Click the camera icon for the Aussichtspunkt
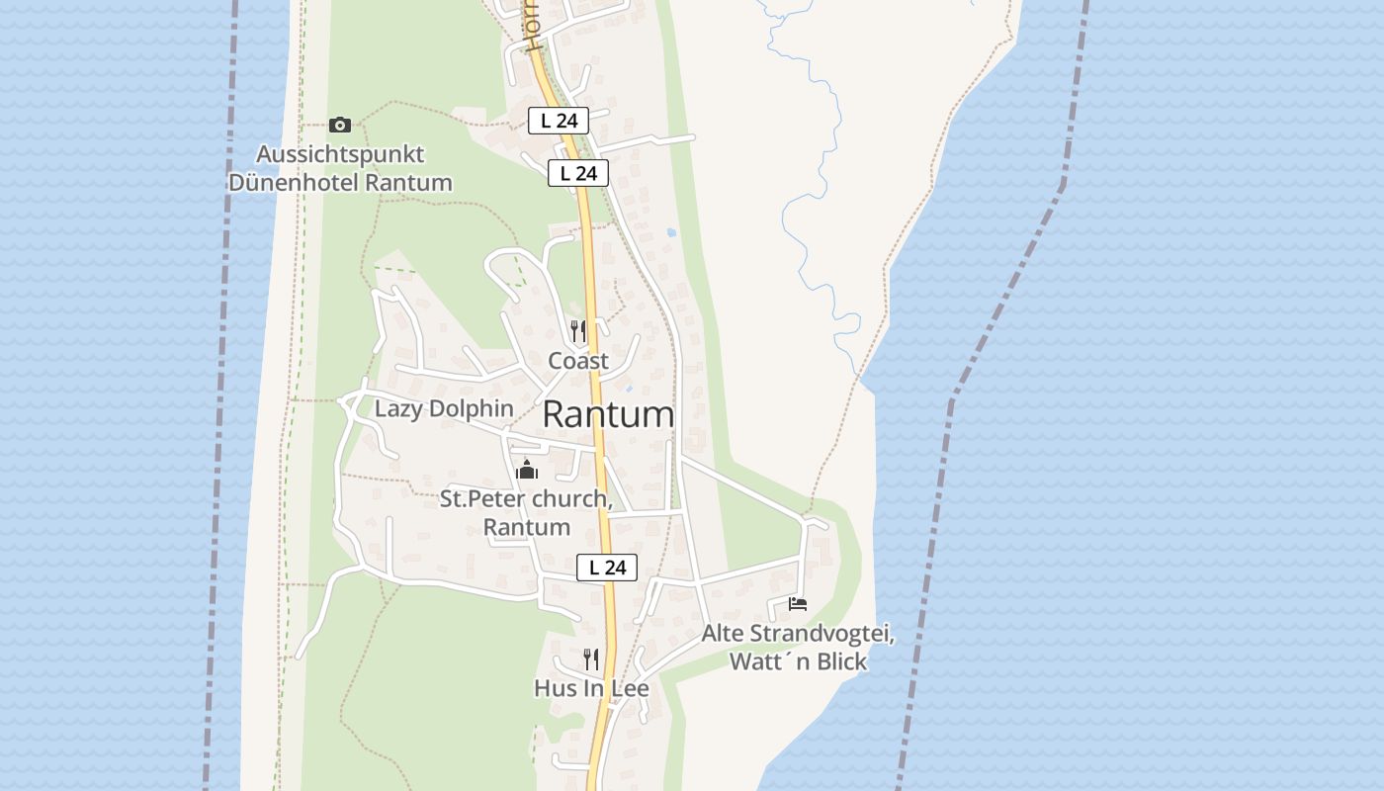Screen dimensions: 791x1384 coord(340,125)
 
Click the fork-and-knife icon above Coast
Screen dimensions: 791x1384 coord(578,331)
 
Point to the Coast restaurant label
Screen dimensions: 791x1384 coord(578,361)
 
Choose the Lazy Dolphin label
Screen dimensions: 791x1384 coord(444,408)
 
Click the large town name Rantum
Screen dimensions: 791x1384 coord(608,415)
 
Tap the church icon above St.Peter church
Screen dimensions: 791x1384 coord(527,470)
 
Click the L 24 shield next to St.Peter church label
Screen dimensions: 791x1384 coord(607,568)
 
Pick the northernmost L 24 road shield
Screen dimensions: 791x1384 coord(559,121)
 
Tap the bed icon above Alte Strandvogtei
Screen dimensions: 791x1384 coord(798,603)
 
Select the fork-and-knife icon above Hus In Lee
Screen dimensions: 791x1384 coord(591,659)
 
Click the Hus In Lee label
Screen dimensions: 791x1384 coord(591,688)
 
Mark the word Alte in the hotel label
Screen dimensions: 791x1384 coord(724,633)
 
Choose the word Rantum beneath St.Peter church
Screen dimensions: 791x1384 coord(527,527)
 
